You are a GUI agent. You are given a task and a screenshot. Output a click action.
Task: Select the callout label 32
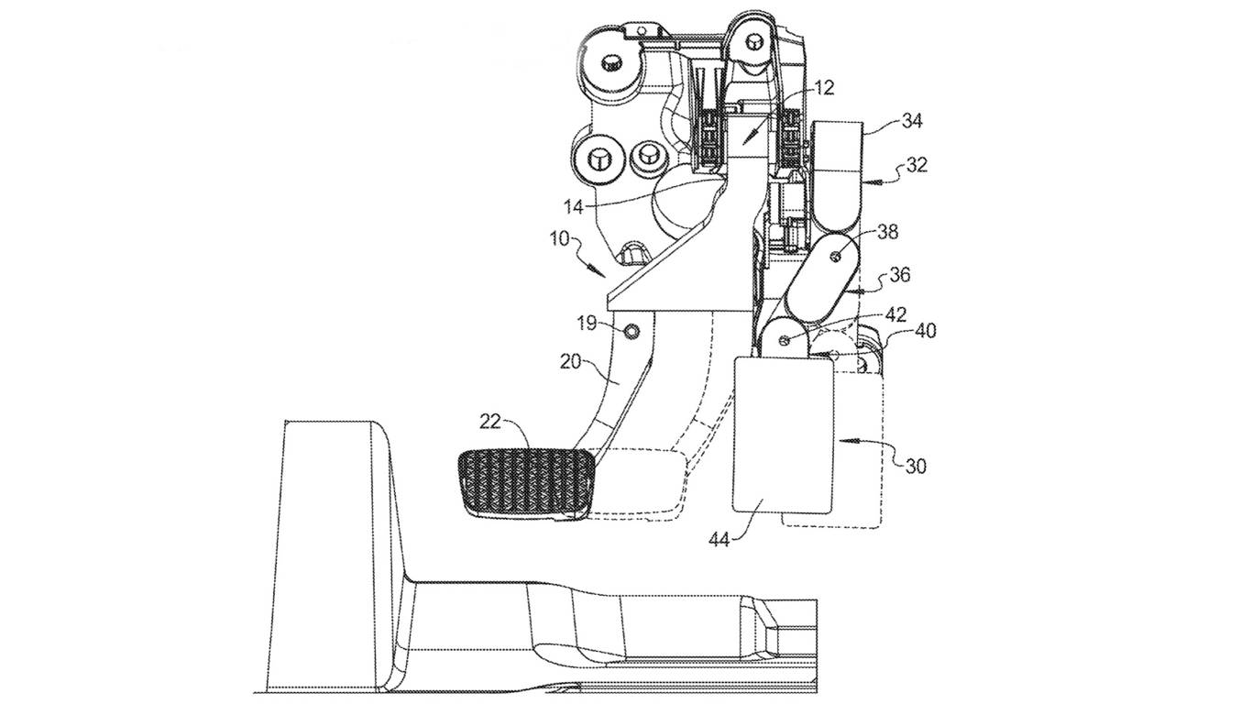tap(916, 165)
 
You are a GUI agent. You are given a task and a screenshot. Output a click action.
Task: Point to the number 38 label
tap(887, 234)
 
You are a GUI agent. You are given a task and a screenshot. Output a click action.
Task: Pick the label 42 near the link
tap(895, 314)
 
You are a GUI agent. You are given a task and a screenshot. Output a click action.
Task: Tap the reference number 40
tap(926, 331)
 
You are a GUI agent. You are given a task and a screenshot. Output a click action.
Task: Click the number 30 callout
tap(916, 466)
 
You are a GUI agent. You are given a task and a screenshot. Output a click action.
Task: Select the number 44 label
tap(719, 541)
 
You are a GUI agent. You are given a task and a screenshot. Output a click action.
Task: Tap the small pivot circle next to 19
tap(629, 328)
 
